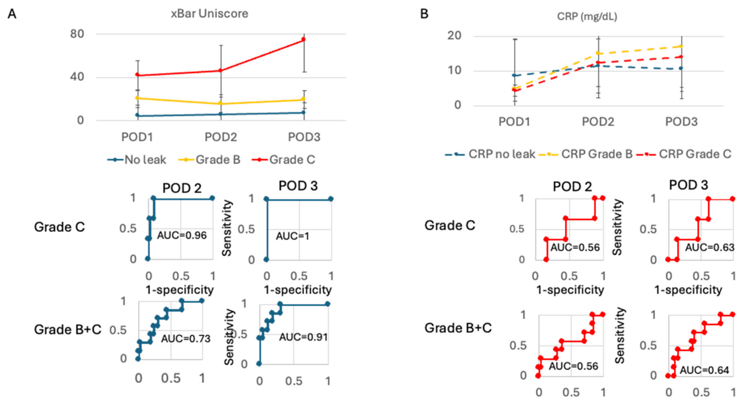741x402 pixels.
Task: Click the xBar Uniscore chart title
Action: tap(209, 13)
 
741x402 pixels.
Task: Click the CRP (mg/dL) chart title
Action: tap(587, 16)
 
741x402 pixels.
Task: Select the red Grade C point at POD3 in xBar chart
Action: tap(303, 39)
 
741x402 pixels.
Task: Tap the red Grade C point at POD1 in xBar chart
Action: tap(137, 75)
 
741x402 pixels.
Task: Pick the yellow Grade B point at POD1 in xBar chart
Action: tap(137, 98)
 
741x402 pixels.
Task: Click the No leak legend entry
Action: tap(137, 159)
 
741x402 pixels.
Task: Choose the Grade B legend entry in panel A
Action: tap(209, 159)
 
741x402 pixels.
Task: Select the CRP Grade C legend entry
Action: tap(684, 154)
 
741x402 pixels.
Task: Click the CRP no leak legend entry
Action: tap(490, 154)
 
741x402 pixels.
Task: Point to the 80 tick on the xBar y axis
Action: tap(77, 34)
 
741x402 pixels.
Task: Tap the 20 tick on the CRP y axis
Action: tap(454, 36)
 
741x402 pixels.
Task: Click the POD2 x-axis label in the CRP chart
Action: tap(598, 122)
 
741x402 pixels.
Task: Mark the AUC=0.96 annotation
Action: tap(182, 235)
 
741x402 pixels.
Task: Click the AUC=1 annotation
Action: tap(292, 236)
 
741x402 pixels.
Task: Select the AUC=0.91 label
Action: tap(303, 337)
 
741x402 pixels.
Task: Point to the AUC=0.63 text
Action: tap(709, 247)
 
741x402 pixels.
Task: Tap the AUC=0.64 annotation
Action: tap(704, 370)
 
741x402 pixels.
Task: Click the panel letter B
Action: tap(424, 14)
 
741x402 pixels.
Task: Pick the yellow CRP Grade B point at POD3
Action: tap(681, 46)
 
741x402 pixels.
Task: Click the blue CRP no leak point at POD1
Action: tap(514, 75)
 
